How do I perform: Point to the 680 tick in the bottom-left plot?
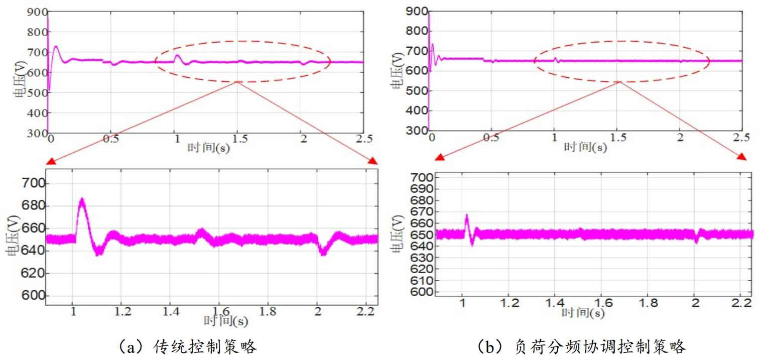pyautogui.click(x=34, y=206)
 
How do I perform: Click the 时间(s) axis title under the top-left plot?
pyautogui.click(x=209, y=148)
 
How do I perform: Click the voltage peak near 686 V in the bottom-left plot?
pyautogui.click(x=82, y=200)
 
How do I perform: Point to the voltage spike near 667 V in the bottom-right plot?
pyautogui.click(x=466, y=216)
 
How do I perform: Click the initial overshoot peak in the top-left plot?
pyautogui.click(x=56, y=47)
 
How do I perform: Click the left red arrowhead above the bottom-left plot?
pyautogui.click(x=51, y=161)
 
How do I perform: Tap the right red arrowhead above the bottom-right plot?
pyautogui.click(x=741, y=157)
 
